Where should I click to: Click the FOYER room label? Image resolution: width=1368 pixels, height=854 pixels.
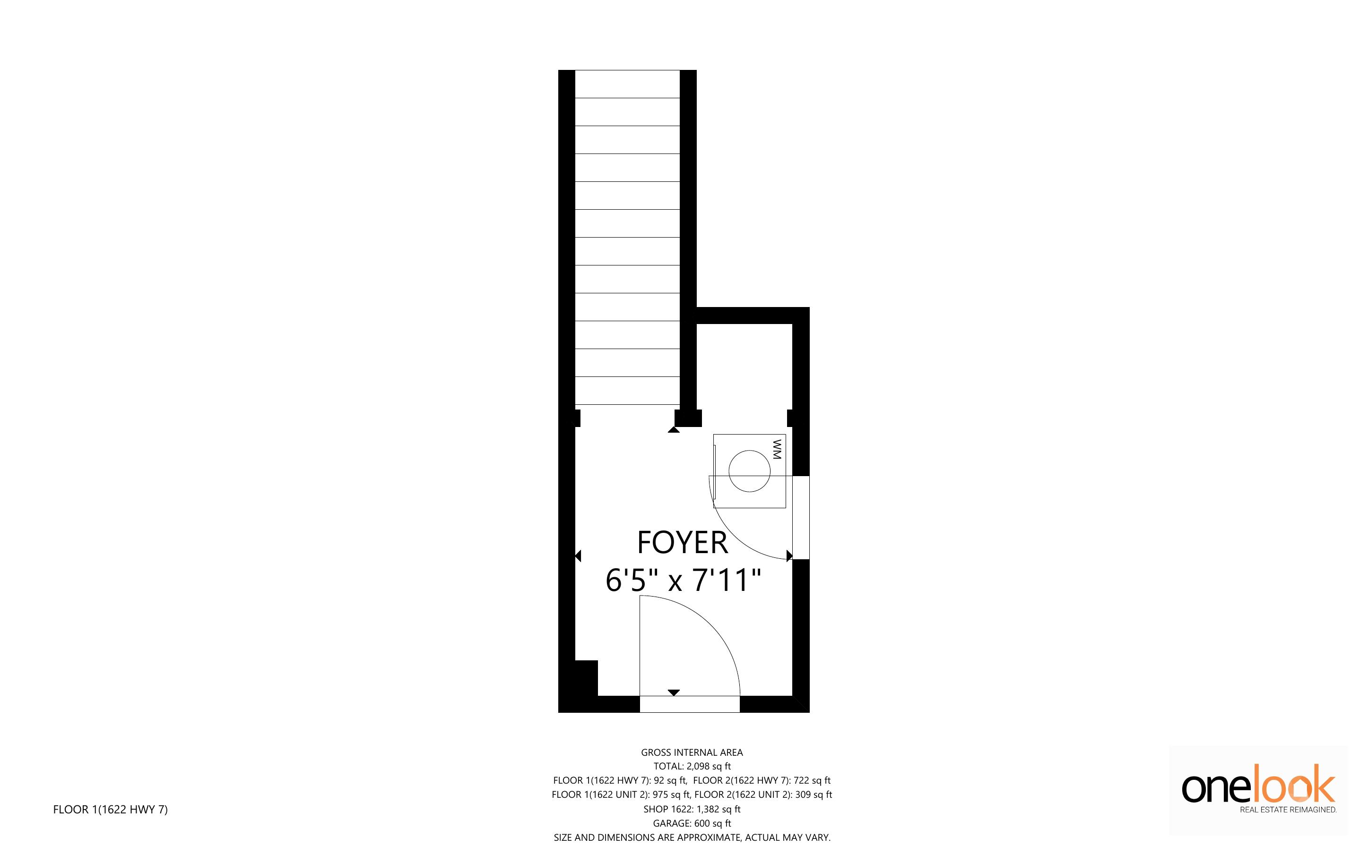[x=682, y=543]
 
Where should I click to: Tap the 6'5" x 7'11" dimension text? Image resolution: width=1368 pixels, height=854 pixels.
[x=683, y=581]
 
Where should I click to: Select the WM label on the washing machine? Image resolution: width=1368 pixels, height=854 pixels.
[x=777, y=449]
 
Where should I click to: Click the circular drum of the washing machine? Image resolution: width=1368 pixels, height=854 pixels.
[x=749, y=471]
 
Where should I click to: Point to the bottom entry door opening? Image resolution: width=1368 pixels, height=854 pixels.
[x=689, y=704]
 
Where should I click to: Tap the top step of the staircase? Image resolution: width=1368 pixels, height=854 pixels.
[x=627, y=84]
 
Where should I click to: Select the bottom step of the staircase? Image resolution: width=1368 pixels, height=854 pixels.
[x=627, y=390]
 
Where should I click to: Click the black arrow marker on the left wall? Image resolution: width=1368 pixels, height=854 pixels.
[x=578, y=556]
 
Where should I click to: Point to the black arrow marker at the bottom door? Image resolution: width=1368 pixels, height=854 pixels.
[x=674, y=692]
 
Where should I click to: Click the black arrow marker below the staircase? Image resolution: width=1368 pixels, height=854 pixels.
[x=674, y=430]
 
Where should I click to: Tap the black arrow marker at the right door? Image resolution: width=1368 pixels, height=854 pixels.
[x=789, y=556]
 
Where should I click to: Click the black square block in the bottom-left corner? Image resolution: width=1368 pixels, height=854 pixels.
[x=586, y=678]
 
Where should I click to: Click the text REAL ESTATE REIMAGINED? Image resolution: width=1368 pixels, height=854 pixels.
[x=1288, y=810]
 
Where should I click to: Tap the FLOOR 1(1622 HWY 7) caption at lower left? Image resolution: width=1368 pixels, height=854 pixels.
[x=110, y=810]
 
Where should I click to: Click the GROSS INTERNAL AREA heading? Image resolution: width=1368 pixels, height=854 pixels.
[x=692, y=752]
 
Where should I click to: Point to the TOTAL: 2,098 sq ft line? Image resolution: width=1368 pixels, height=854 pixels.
[x=692, y=767]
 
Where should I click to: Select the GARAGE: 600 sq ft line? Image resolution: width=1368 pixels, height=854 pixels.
[x=692, y=823]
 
